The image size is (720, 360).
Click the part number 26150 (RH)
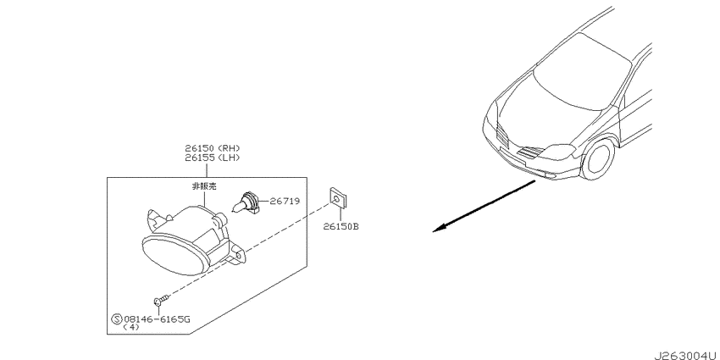pos(213,148)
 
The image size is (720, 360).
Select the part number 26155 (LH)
pos(213,158)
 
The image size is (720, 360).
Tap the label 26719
pos(285,201)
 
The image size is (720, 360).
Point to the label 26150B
pos(341,226)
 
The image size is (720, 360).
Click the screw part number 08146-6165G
pos(156,318)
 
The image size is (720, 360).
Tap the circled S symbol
pos(116,319)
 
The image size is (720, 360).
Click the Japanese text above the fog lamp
pos(204,186)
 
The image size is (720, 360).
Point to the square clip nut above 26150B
pos(338,197)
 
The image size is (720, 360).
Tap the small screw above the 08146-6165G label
pos(161,300)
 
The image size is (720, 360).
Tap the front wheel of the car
pos(597,159)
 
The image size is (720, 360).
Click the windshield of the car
pos(581,72)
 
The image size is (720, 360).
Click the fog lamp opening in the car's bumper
pos(549,174)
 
